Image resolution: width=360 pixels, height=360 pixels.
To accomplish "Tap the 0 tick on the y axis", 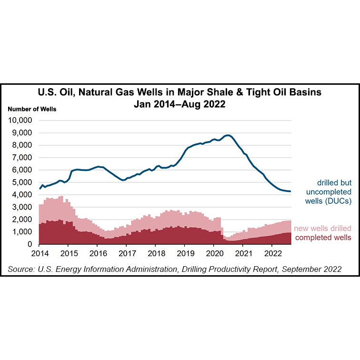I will [x=30, y=244].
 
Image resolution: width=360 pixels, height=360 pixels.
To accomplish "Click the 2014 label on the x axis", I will [x=39, y=253].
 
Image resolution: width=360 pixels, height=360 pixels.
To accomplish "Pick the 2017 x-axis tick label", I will [x=126, y=253].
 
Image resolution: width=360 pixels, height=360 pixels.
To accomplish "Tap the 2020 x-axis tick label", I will [x=214, y=253].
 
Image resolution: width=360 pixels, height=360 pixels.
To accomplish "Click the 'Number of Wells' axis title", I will [x=32, y=109].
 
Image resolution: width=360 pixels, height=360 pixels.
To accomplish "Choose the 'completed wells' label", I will [x=324, y=237].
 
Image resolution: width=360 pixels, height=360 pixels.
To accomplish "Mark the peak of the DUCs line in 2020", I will [x=228, y=135].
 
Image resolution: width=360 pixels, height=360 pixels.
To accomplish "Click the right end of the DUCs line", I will [x=290, y=191].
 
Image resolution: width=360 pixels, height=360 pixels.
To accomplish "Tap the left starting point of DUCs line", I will [x=40, y=189].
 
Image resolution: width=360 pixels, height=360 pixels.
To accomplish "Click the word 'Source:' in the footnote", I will [x=21, y=269].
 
